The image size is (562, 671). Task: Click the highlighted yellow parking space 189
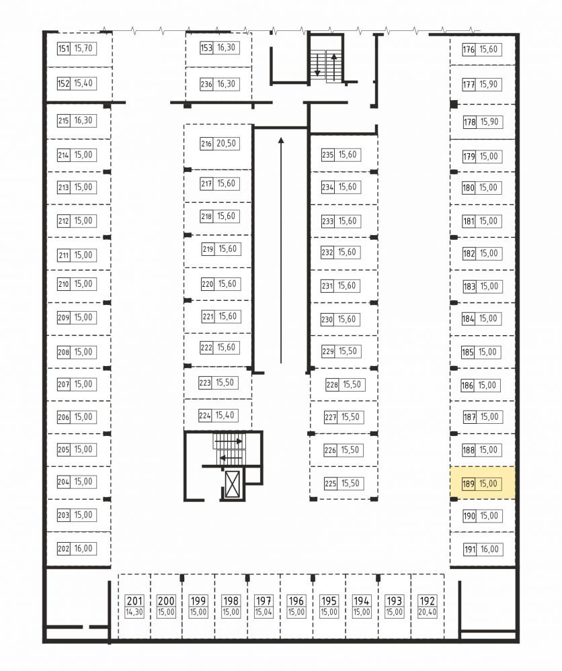482,482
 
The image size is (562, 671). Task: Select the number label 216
206,143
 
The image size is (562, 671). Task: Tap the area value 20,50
226,143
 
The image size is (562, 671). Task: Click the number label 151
63,48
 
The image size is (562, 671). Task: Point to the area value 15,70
83,48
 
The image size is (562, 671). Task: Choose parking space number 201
134,601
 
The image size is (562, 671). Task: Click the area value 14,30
134,613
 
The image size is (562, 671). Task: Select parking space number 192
427,601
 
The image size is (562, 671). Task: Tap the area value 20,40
427,613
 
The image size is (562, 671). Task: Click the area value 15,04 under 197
264,613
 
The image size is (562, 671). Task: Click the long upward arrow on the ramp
281,251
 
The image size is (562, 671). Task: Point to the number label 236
206,85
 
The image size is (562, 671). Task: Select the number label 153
206,48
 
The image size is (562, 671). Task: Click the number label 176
469,49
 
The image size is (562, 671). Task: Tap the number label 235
327,154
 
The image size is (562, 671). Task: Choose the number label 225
330,484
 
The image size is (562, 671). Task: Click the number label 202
63,549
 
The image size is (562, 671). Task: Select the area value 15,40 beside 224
225,415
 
